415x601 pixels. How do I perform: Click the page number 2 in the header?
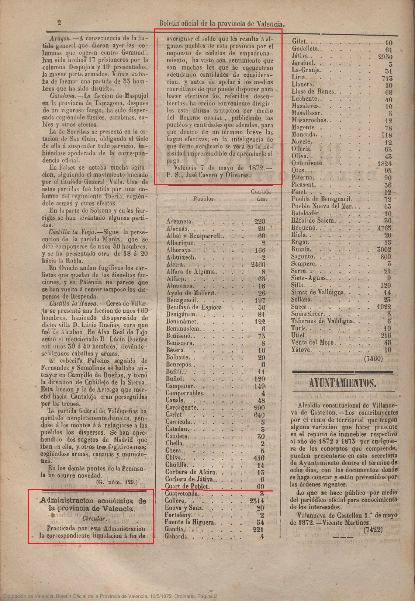point(59,23)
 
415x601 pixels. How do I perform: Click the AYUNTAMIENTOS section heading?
point(343,382)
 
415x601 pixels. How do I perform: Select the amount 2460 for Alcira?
point(258,264)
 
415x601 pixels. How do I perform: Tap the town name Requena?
point(304,228)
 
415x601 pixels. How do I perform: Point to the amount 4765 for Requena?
point(384,228)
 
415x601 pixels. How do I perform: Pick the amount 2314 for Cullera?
point(256,501)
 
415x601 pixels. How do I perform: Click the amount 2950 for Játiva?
point(385,57)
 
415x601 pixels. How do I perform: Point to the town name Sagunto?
point(303,257)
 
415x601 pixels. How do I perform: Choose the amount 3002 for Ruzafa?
point(384,249)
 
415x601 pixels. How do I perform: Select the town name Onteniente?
point(307,163)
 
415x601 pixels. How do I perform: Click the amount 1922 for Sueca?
point(384,307)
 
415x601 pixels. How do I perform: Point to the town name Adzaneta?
point(179,222)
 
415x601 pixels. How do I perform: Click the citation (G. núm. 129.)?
point(117,482)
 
